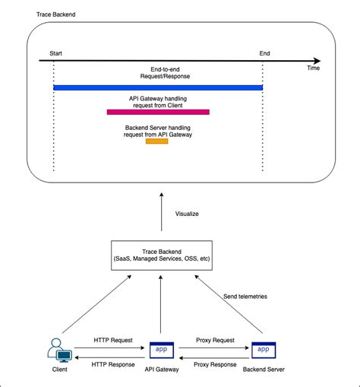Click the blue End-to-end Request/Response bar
(158, 88)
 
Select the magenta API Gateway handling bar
(158, 112)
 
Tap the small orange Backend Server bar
(157, 141)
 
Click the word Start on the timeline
(56, 53)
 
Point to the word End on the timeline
(264, 53)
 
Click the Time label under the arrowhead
(314, 68)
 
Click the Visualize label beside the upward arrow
(187, 214)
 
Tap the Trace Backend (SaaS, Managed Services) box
(159, 255)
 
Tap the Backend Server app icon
(262, 350)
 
